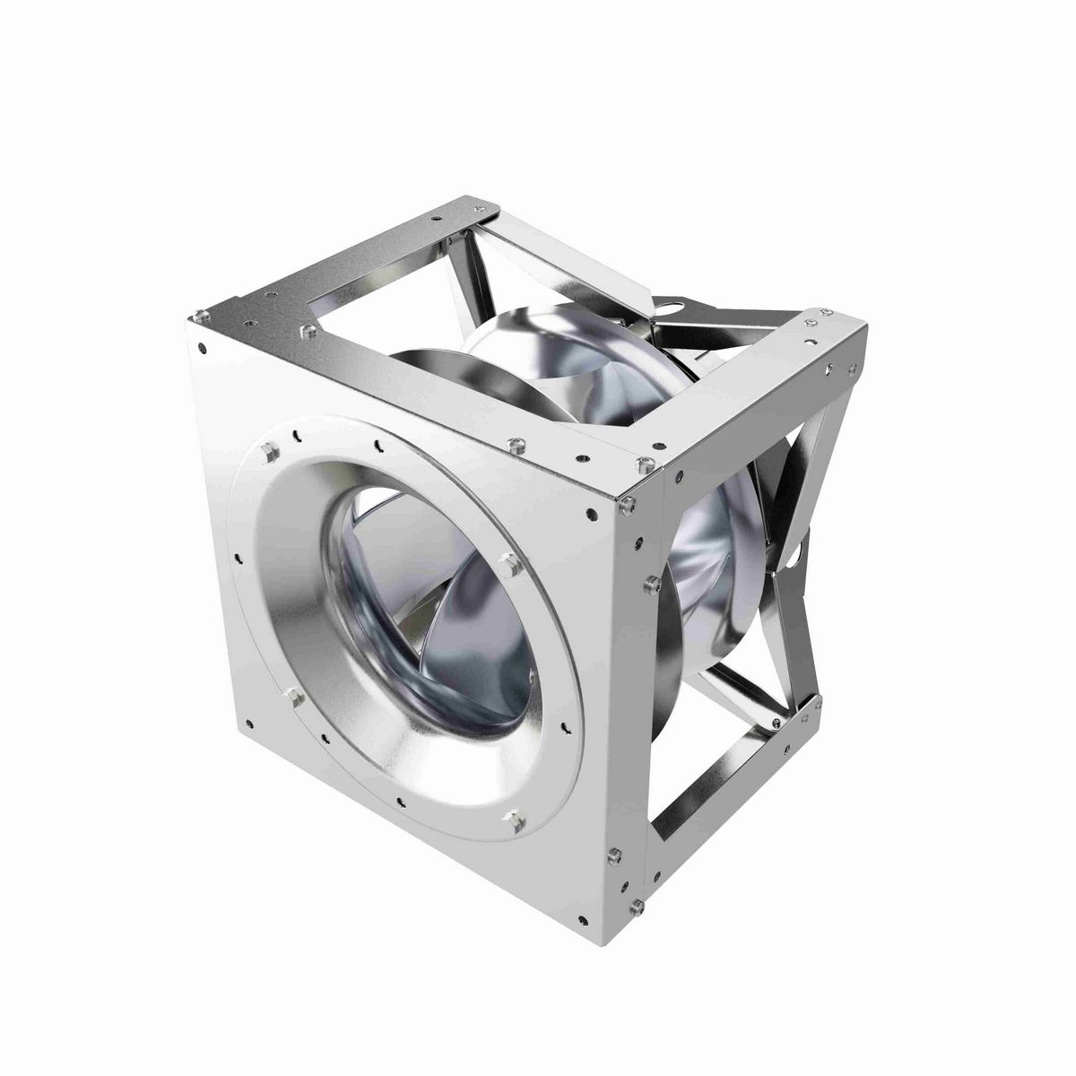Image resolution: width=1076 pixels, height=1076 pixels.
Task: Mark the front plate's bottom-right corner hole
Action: point(585,920)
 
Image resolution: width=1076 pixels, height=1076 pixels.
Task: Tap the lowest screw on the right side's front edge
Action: point(636,907)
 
